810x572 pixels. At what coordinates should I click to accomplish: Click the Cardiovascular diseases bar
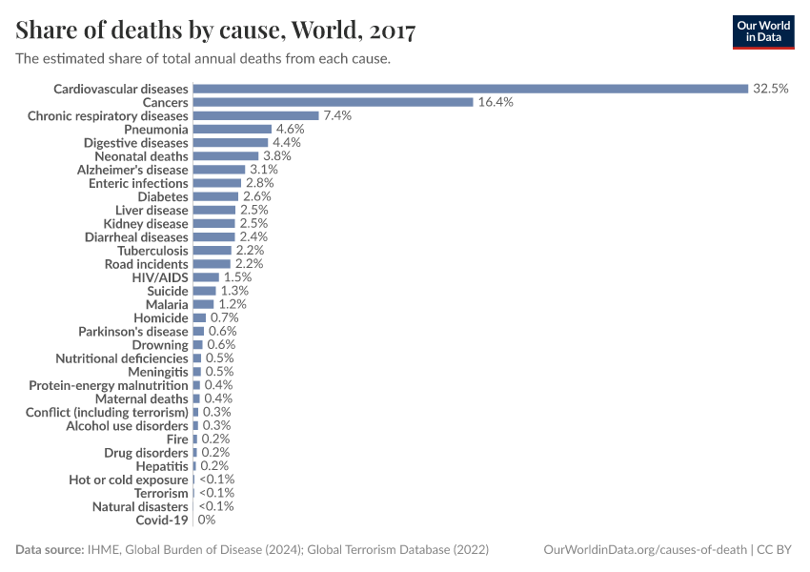point(470,89)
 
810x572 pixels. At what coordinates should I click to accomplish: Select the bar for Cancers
point(333,102)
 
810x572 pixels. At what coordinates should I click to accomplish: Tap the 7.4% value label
point(337,115)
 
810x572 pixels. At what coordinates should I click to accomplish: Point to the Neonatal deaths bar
point(225,155)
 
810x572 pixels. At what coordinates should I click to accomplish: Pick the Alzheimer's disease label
point(132,169)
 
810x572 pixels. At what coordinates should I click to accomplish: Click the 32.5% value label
point(770,89)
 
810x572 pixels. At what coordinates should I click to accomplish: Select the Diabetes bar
point(214,196)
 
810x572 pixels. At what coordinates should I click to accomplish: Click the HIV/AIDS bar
point(205,276)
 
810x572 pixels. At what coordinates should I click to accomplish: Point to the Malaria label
point(167,304)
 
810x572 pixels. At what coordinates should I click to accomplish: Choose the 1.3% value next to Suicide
point(234,291)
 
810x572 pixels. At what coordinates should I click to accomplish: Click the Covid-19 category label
point(162,521)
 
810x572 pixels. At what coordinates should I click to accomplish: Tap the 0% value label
point(207,521)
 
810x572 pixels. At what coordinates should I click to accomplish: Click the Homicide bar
point(199,317)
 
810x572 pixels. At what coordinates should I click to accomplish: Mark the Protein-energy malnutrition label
point(109,385)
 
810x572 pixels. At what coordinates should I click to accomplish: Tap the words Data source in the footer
point(49,550)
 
